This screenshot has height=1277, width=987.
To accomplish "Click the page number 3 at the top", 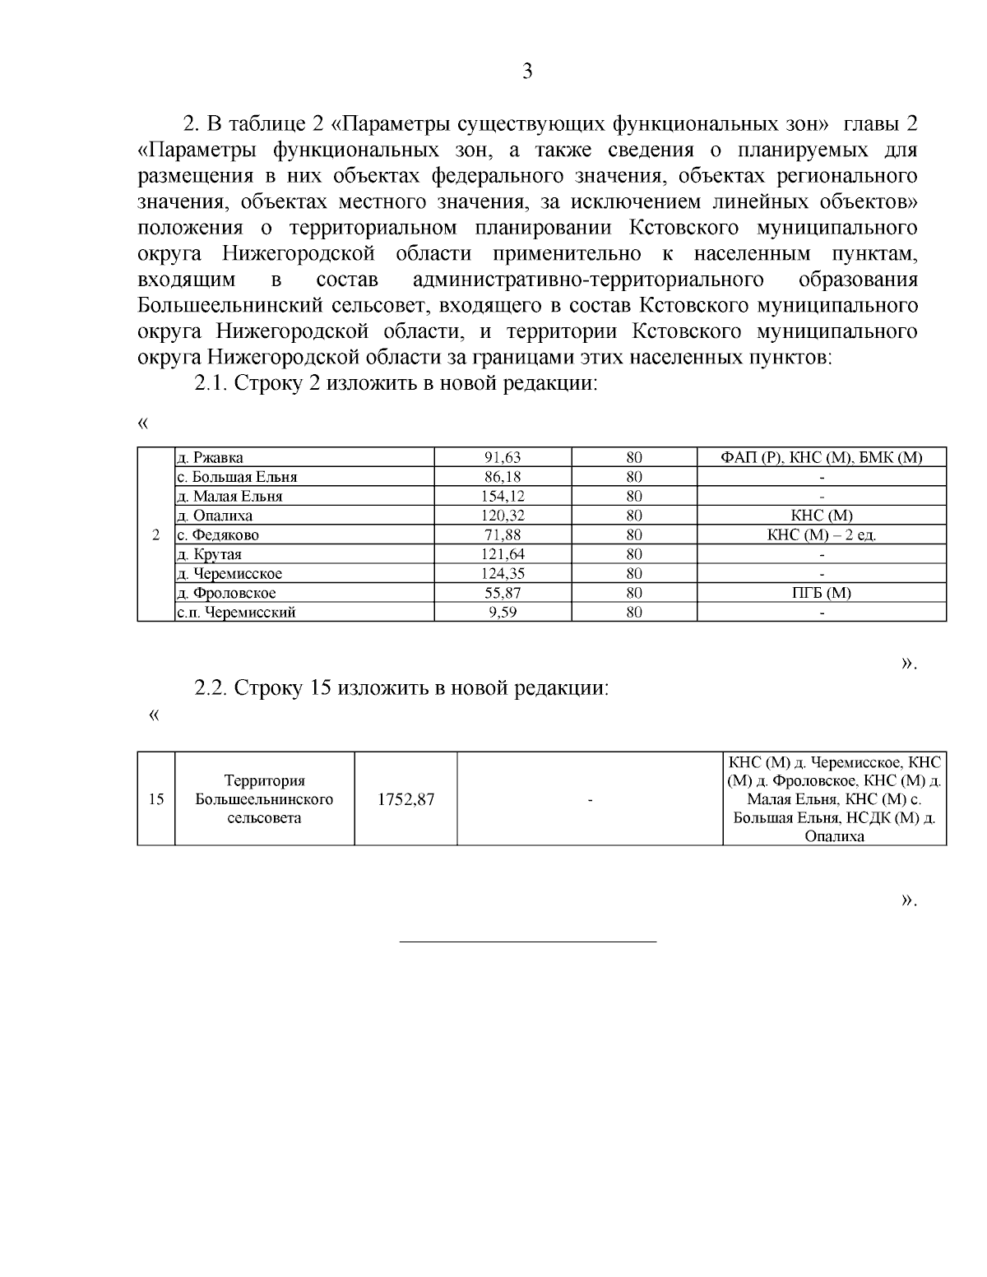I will pos(527,72).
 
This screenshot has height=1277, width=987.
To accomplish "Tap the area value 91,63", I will pos(503,458).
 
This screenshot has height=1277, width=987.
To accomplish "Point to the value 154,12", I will pos(503,497).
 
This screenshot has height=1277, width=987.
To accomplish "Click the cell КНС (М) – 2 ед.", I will pos(822,535).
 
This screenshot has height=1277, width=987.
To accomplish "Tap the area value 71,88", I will pos(503,535).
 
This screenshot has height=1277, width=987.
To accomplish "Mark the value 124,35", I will pos(503,574).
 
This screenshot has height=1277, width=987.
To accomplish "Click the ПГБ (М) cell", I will pos(822,593).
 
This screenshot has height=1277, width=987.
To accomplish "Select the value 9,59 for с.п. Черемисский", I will pos(503,612).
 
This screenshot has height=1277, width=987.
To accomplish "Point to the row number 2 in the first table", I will pos(156,535).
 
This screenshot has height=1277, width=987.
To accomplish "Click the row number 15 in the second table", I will pos(156,798).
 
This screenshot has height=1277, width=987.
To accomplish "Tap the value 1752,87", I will pos(405,798).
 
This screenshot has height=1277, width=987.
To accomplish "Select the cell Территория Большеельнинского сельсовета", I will pos(264,798).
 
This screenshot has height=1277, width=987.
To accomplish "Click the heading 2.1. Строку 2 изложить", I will pos(395,384).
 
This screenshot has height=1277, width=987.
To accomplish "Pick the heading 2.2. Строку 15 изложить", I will pos(401,687).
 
